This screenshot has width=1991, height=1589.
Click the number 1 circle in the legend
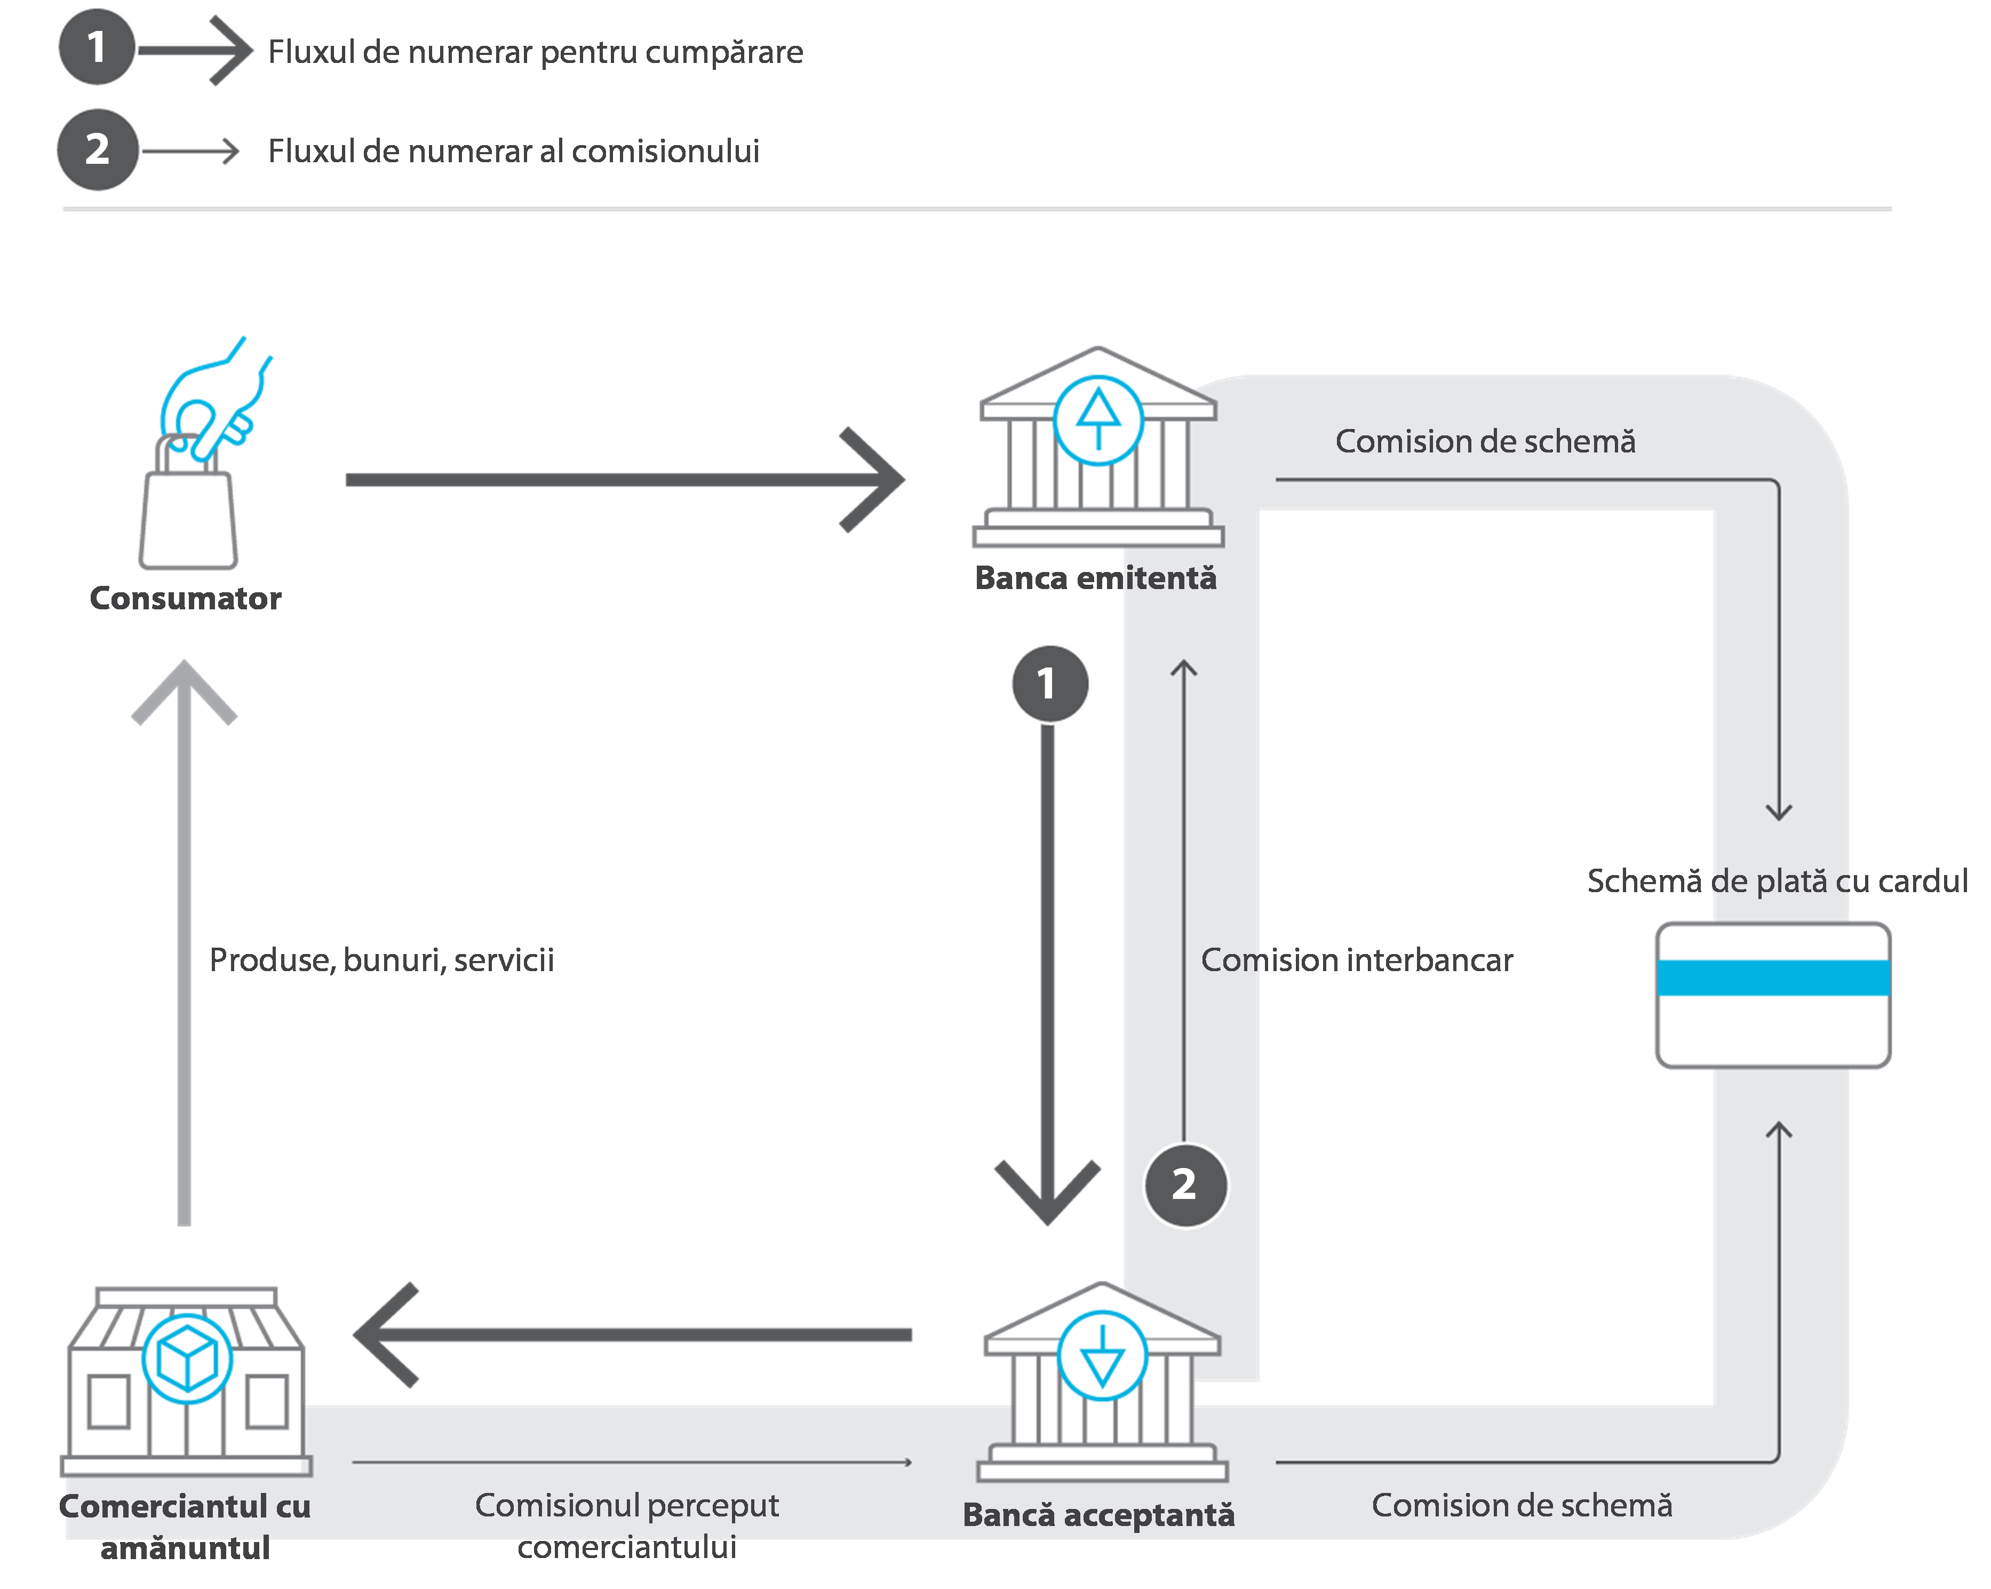point(96,47)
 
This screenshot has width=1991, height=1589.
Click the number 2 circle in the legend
point(97,149)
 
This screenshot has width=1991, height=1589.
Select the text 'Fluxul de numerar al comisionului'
point(513,150)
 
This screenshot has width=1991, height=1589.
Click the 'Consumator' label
point(186,599)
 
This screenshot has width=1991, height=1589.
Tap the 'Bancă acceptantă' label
point(1098,1515)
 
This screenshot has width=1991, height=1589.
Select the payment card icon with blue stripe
point(1772,995)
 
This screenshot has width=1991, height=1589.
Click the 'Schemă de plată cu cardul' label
point(1777,881)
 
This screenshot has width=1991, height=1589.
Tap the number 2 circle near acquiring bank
point(1185,1185)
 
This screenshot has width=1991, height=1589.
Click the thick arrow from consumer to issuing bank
point(623,480)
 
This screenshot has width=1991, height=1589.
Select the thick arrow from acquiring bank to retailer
point(633,1335)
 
